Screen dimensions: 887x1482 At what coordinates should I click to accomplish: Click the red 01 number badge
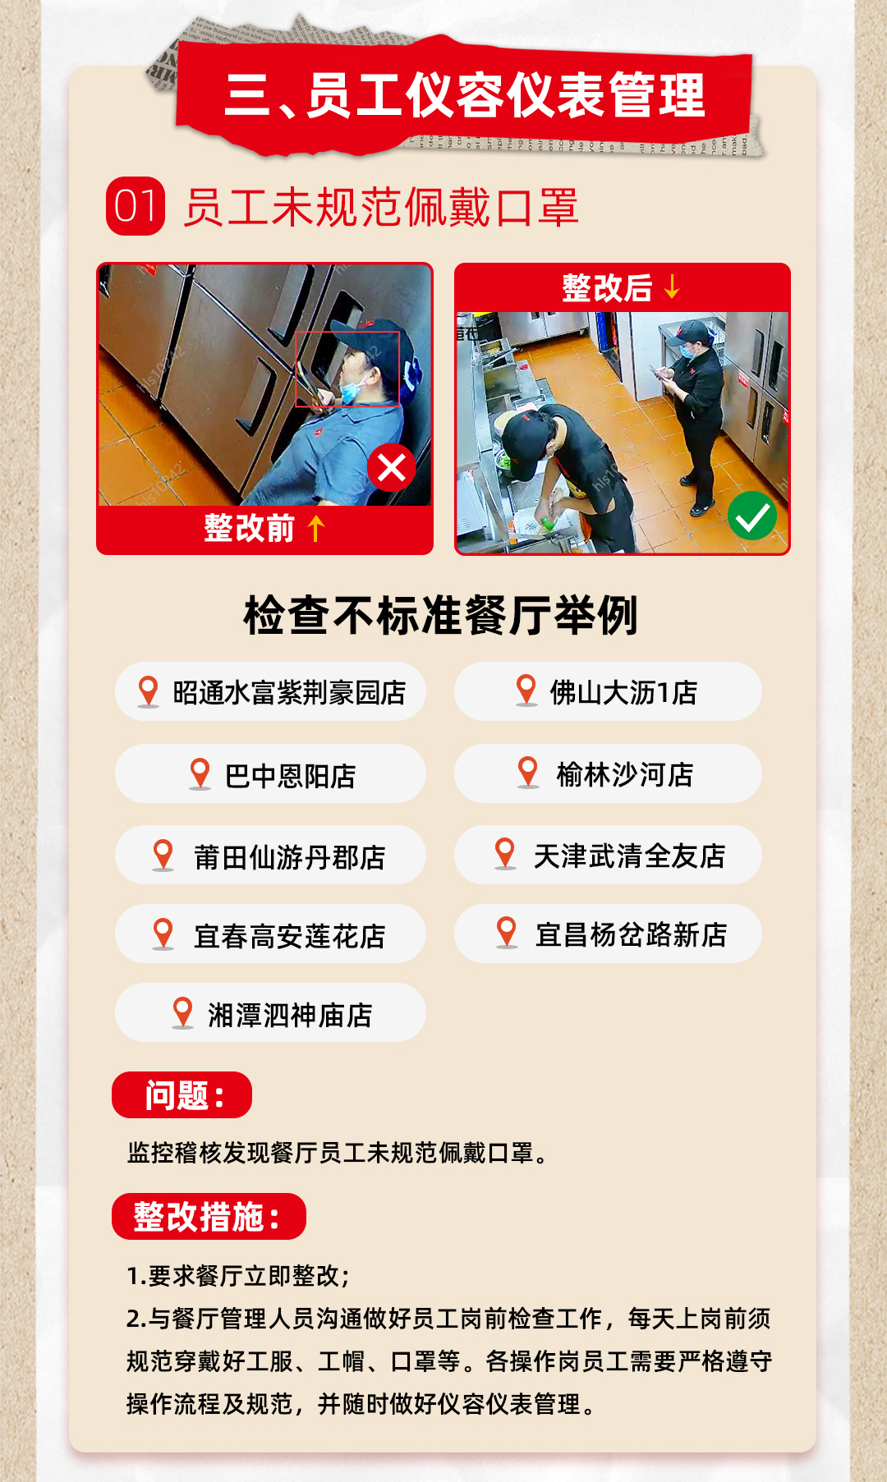[x=136, y=206]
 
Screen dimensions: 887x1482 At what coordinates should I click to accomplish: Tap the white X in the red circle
[x=392, y=468]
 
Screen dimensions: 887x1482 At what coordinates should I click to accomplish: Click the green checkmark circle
[x=752, y=516]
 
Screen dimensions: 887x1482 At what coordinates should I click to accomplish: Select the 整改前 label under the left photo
[x=249, y=528]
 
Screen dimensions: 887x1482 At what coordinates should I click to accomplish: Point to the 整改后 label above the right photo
[x=607, y=288]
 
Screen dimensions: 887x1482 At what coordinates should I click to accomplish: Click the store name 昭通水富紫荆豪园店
[x=289, y=693]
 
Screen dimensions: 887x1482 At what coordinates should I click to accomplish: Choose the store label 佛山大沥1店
[x=623, y=693]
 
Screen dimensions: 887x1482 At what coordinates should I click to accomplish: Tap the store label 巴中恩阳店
[x=290, y=776]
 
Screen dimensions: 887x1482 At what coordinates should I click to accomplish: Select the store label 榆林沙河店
[x=624, y=774]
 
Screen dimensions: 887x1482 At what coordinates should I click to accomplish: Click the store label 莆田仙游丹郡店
[x=289, y=857]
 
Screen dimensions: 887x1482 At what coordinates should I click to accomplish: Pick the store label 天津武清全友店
[x=629, y=856]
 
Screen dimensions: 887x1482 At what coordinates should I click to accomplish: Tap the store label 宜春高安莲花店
[x=289, y=936]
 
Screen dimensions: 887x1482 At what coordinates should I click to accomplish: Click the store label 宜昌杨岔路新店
[x=631, y=934]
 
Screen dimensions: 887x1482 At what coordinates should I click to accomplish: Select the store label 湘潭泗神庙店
[x=290, y=1016]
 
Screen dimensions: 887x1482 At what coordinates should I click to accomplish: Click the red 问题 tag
[x=182, y=1094]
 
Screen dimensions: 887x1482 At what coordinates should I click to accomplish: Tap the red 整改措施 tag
[x=209, y=1216]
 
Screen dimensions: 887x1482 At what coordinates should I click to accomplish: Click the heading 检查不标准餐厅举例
[x=441, y=615]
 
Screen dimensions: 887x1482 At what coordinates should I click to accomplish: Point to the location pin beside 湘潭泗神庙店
[x=182, y=1013]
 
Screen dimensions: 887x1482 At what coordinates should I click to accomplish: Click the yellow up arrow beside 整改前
[x=316, y=528]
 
